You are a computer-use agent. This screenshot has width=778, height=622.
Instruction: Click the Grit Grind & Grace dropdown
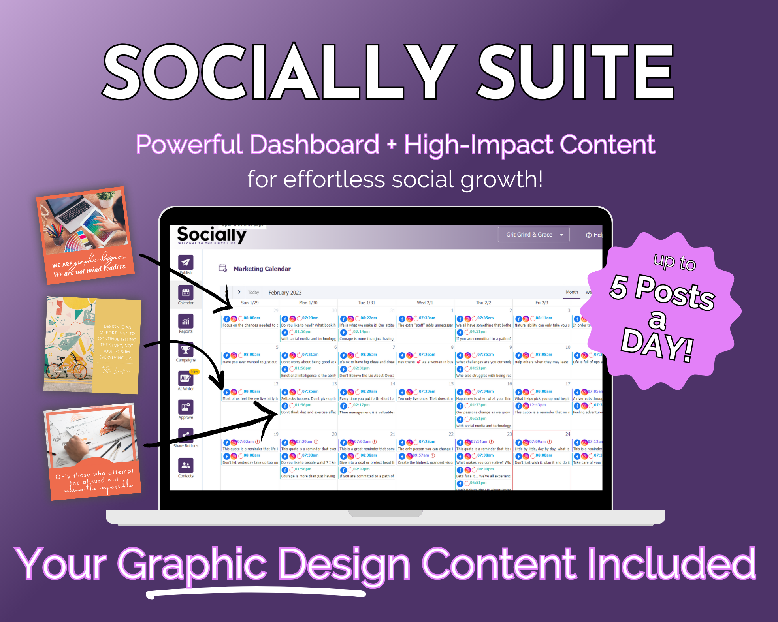[x=533, y=235]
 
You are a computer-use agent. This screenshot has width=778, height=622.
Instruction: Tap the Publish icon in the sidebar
[x=186, y=262]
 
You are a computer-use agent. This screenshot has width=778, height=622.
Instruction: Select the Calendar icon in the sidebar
[x=186, y=293]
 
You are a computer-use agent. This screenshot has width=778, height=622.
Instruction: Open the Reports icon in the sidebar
[x=186, y=321]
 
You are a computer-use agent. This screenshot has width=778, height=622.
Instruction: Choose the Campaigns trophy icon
[x=186, y=350]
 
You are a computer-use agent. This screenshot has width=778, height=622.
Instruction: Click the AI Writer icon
[x=185, y=378]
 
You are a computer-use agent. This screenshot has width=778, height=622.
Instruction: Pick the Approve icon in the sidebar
[x=186, y=407]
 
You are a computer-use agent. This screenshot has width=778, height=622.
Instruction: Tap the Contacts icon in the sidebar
[x=186, y=465]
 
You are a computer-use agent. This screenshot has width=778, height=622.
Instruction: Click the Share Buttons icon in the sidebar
[x=186, y=436]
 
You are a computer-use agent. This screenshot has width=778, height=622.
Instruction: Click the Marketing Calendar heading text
[x=262, y=269]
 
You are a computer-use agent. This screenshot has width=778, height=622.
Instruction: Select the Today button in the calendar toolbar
[x=253, y=293]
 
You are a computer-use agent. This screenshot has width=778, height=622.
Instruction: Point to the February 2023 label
[x=285, y=293]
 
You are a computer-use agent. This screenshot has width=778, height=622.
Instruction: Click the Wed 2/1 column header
[x=425, y=303]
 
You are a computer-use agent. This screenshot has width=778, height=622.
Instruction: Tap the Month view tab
[x=572, y=292]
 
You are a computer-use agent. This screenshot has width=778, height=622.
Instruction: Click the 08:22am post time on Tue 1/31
[x=369, y=318]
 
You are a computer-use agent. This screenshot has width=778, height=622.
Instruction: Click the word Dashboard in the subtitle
[x=315, y=145]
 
